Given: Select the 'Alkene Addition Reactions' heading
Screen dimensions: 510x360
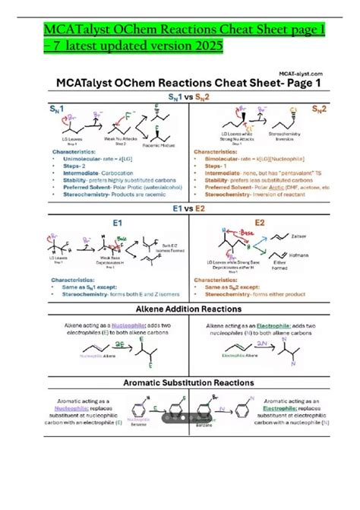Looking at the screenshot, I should [180, 311].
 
